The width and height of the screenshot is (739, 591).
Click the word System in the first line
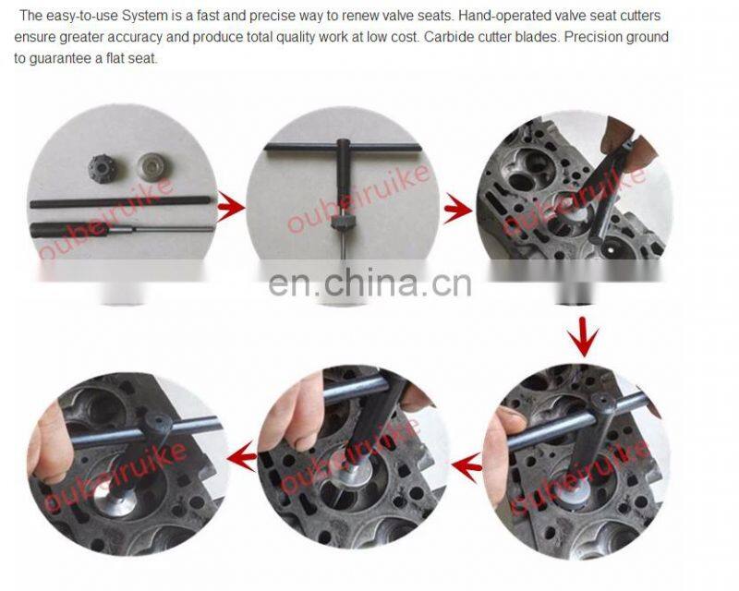(144, 16)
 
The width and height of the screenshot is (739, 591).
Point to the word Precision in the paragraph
(591, 37)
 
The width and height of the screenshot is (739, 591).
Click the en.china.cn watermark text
(369, 283)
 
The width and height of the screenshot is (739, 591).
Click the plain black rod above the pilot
(121, 202)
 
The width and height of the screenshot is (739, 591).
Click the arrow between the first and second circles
(231, 208)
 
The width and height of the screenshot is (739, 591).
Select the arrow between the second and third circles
(458, 209)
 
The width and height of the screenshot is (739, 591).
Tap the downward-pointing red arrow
(583, 337)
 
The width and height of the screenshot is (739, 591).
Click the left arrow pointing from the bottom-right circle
(466, 465)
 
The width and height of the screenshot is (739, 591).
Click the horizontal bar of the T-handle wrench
(343, 147)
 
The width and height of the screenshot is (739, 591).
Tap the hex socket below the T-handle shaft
(343, 222)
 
